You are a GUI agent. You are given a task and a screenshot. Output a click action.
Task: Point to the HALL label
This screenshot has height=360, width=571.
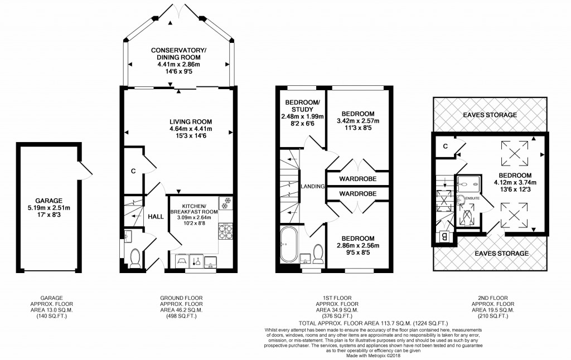(156, 218)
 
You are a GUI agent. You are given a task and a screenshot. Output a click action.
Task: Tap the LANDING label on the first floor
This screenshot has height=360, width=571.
(312, 186)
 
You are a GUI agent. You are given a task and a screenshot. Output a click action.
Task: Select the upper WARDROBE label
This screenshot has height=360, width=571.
(357, 179)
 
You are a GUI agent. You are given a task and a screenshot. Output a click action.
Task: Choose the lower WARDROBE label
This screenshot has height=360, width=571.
(357, 193)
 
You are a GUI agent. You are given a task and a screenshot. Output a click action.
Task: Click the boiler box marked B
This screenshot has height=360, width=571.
(444, 236)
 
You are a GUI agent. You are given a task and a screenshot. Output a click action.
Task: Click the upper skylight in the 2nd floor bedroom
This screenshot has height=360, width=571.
(514, 153)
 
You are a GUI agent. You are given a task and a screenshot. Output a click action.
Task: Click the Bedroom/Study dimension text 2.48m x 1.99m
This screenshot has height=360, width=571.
(302, 116)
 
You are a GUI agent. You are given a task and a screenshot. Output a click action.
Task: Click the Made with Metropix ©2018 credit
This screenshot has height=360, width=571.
(374, 355)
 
